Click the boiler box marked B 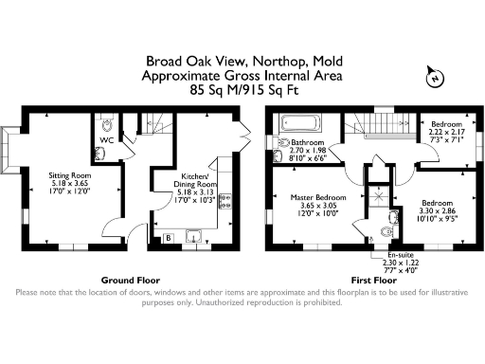coord(169,237)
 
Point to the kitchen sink coord(196,237)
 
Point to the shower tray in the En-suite coord(378,197)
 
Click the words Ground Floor coord(130,281)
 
